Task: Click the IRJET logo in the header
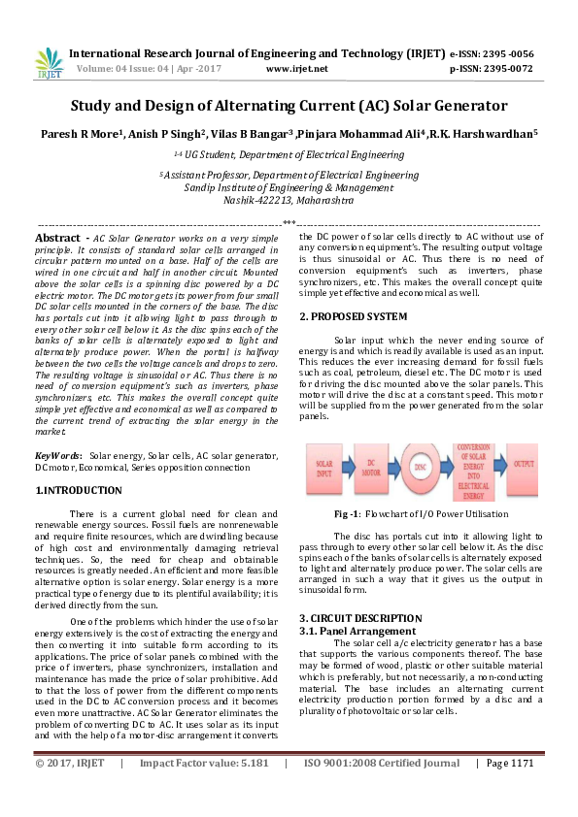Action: tap(48, 61)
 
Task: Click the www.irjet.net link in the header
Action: tap(295, 69)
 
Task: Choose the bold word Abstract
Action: tap(57, 238)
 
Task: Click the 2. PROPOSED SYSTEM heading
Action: tap(353, 316)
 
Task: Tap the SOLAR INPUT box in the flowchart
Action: tap(324, 467)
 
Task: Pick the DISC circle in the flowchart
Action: tap(421, 468)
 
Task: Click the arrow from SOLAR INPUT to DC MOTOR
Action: tap(348, 467)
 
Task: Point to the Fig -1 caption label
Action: tap(348, 513)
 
